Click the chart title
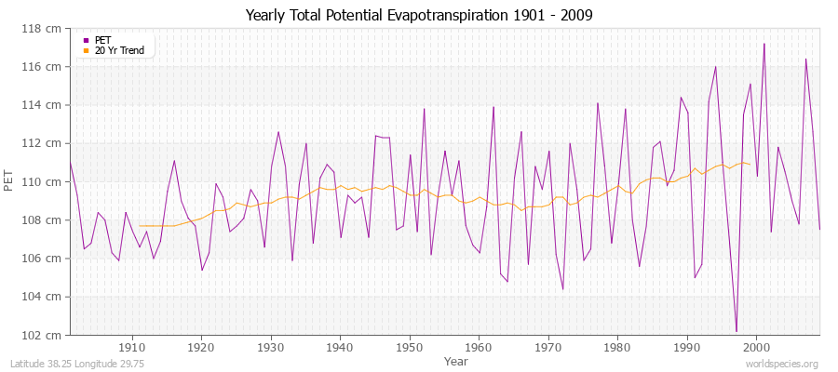[419, 16]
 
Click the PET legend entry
[102, 40]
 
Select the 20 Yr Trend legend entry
[119, 50]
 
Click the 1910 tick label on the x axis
[131, 347]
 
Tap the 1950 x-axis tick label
[409, 347]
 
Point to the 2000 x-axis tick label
[755, 347]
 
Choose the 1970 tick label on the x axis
[547, 347]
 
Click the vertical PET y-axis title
[10, 182]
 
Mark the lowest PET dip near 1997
[736, 331]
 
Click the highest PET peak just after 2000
[764, 44]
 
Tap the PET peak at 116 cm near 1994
[715, 67]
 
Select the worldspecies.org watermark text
[784, 364]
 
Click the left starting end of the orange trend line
[140, 226]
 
